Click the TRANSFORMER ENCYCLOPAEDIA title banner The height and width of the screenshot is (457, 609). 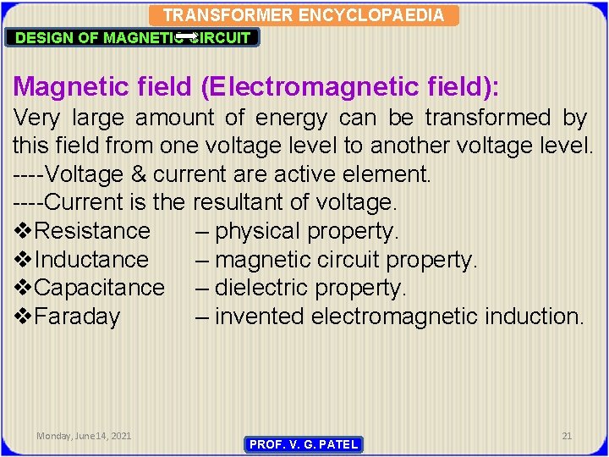click(303, 15)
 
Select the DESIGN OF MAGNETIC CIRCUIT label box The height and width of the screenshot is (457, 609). click(134, 37)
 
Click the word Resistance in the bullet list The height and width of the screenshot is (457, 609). click(93, 231)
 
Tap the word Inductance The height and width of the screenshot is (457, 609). click(92, 260)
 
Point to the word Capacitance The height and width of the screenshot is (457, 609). click(101, 288)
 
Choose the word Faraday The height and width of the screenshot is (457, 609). click(79, 317)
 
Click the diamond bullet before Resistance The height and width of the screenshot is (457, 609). click(24, 231)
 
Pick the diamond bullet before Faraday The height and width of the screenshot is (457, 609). click(24, 317)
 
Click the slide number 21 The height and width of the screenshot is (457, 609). click(567, 436)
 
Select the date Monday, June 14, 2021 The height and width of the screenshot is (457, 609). click(84, 436)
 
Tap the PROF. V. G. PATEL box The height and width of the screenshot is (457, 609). click(304, 444)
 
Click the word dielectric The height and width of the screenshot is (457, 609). click(263, 288)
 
